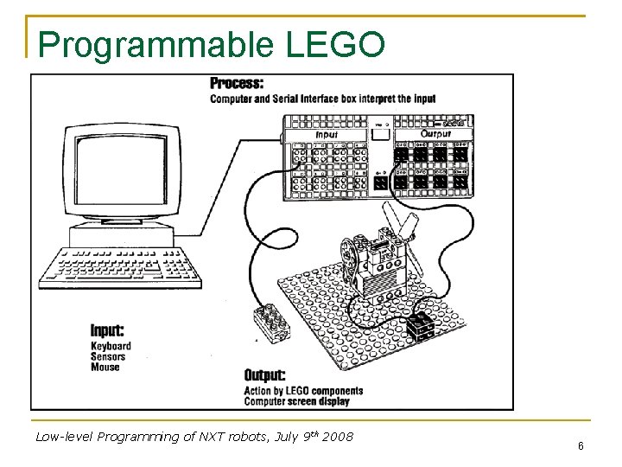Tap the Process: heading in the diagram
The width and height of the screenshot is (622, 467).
[x=237, y=84]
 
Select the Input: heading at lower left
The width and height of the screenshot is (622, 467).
[x=107, y=330]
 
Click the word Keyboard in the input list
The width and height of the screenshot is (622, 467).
[x=111, y=346]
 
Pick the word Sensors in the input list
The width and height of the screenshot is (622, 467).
[x=108, y=356]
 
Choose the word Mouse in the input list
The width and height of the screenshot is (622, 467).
[x=105, y=367]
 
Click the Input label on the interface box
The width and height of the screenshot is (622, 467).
[x=327, y=135]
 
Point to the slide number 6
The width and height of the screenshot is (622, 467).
[x=581, y=445]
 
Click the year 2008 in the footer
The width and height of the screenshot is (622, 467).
[x=338, y=437]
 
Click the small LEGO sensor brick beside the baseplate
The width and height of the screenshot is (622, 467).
[x=269, y=323]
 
